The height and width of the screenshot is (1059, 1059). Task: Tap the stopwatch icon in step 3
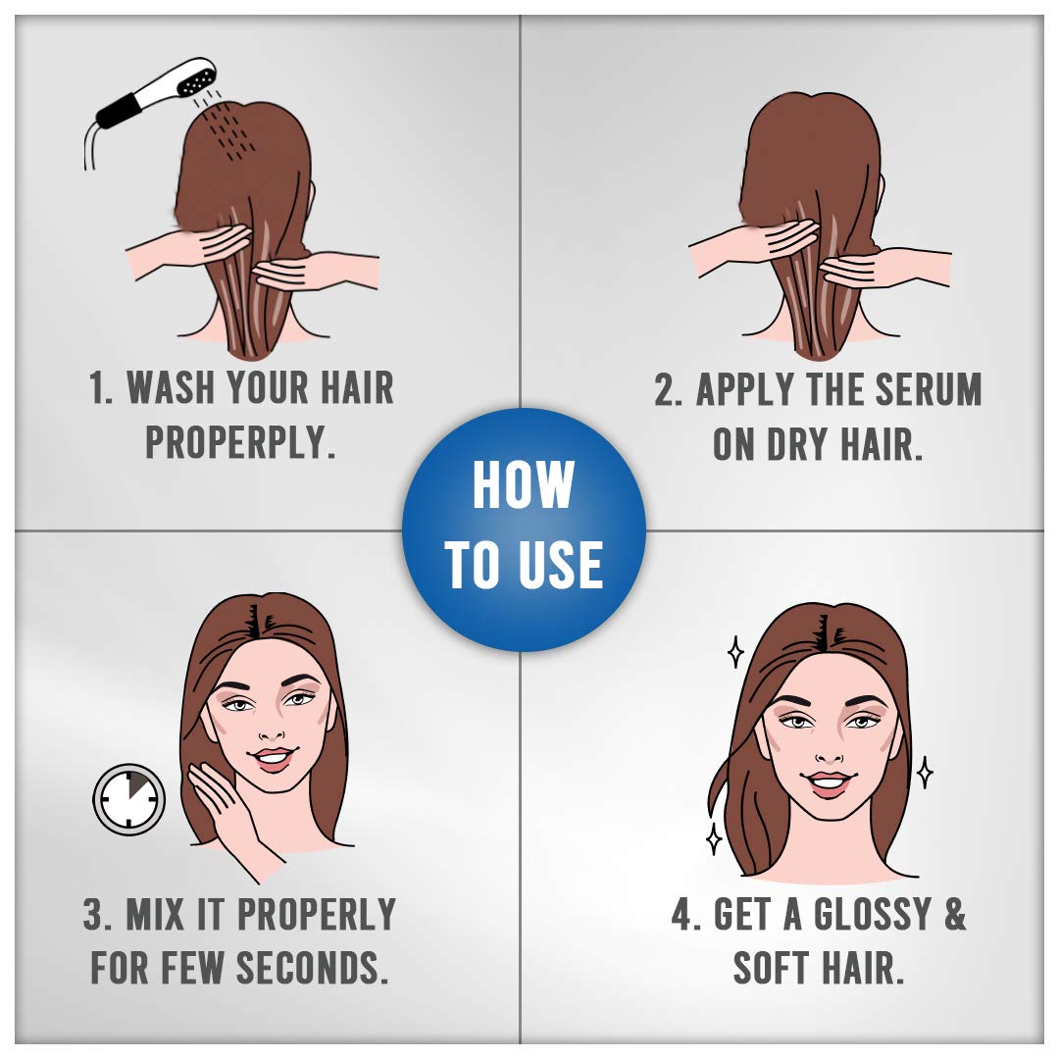(129, 798)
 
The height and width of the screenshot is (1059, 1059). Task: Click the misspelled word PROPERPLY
(240, 443)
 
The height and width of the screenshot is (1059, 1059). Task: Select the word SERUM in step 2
(929, 389)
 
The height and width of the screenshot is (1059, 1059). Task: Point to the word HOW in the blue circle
(524, 484)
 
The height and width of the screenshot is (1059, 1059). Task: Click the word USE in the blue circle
(563, 564)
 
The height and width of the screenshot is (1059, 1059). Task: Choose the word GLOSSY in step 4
(873, 914)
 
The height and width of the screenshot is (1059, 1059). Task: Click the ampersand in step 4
(955, 914)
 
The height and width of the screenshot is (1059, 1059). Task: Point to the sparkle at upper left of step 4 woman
(735, 652)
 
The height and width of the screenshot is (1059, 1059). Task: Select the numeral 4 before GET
(683, 915)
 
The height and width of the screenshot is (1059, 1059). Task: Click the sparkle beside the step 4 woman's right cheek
(925, 773)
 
